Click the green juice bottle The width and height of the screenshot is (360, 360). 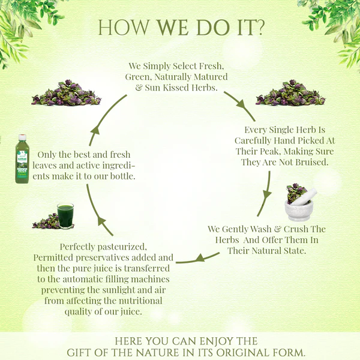[22, 159]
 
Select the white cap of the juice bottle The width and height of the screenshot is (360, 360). [22, 137]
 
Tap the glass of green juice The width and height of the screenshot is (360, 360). [65, 215]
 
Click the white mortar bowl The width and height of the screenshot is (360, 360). [298, 209]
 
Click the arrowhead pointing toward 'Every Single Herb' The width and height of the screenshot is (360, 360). [241, 104]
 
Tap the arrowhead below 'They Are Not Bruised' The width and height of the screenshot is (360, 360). [267, 195]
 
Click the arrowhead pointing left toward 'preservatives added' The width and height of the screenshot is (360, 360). [200, 257]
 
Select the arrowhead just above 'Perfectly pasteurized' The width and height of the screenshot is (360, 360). [101, 221]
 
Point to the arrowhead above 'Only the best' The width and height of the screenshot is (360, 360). [95, 130]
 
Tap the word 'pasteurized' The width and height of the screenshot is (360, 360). [122, 247]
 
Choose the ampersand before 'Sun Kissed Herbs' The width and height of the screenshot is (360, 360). [139, 88]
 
